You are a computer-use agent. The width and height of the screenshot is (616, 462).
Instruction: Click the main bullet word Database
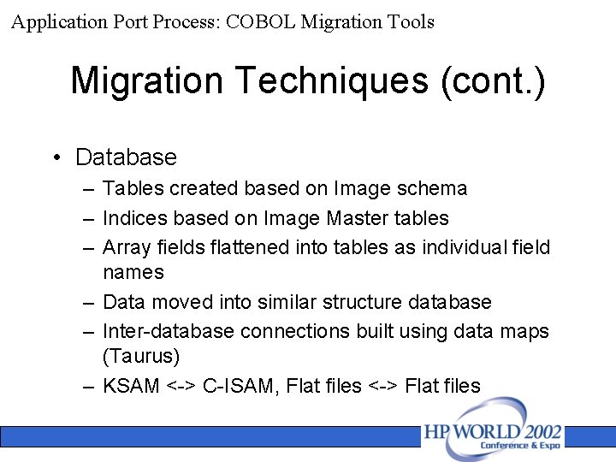[126, 157]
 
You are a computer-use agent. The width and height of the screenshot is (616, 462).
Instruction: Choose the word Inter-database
[169, 330]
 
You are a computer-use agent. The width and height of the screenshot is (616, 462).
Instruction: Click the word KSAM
[131, 386]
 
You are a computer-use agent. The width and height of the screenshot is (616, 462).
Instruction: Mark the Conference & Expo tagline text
[519, 446]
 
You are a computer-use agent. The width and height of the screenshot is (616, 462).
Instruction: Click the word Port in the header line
[132, 22]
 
